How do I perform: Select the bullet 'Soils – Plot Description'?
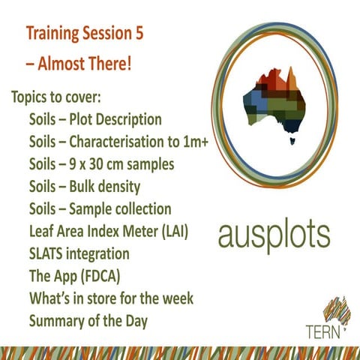point(94,120)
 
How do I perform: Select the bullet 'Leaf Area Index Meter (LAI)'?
point(108,231)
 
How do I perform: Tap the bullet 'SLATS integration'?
point(79,253)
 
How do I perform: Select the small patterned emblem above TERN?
point(334,310)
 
